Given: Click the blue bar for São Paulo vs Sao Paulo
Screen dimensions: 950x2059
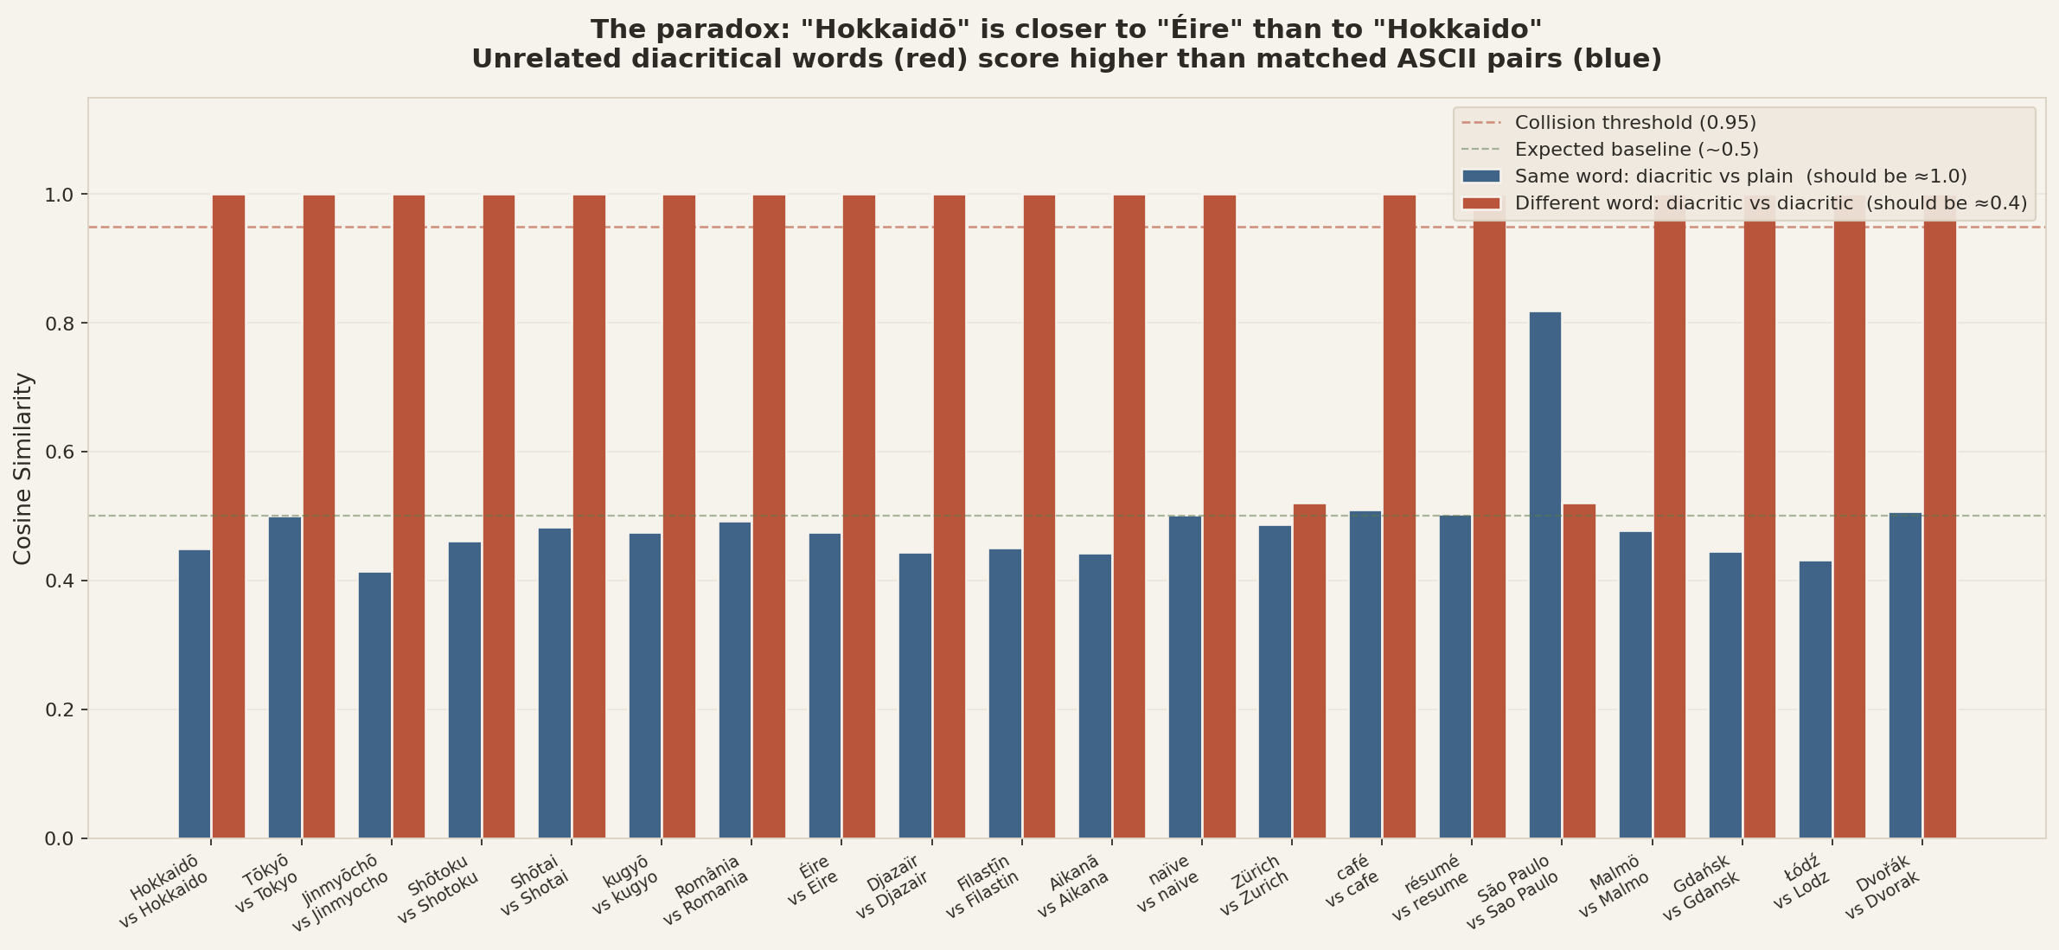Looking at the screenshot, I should click(x=1544, y=575).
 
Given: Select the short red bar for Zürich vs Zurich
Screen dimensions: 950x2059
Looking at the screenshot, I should click(x=1309, y=671).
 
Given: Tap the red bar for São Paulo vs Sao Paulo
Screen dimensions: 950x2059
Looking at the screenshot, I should click(x=1579, y=671).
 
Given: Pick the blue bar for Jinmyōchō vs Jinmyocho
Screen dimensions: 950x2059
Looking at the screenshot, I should click(x=374, y=705).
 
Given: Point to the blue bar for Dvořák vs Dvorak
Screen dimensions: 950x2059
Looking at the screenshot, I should click(x=1905, y=675).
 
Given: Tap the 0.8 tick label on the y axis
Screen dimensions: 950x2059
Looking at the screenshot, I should click(x=59, y=324).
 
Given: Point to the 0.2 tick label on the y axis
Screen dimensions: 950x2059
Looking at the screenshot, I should click(x=59, y=710).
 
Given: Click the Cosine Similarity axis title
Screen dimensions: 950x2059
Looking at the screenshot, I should click(x=23, y=468).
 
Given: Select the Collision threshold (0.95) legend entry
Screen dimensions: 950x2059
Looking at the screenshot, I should click(x=1634, y=123).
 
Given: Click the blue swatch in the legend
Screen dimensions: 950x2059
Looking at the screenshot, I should click(x=1481, y=177).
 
